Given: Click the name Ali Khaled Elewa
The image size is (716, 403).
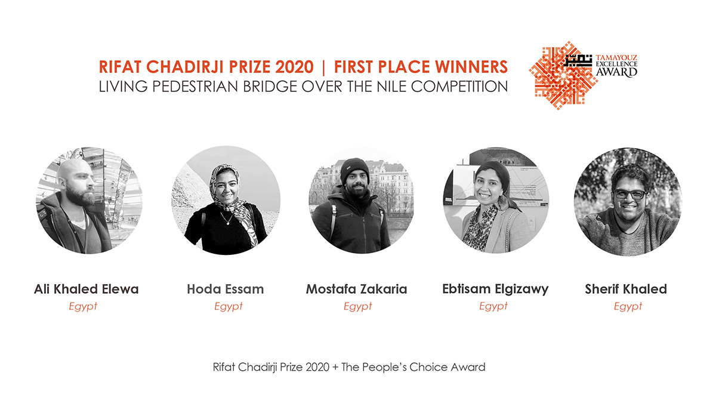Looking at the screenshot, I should point(87,290).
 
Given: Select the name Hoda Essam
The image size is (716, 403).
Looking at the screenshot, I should point(225,290).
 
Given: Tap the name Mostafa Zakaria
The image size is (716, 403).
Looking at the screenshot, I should point(356,290).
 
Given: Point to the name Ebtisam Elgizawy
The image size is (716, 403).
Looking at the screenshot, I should point(495,290).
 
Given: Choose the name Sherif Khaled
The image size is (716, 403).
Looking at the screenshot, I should point(626,290).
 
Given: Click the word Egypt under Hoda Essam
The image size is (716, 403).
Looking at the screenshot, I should point(229,306).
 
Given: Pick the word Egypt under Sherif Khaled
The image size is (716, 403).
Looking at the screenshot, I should point(628,306).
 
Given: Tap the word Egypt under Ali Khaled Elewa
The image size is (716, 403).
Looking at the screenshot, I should point(83,306).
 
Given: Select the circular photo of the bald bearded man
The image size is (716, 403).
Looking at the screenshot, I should point(89,200).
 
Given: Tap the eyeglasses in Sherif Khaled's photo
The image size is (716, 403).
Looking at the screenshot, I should point(629,194).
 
